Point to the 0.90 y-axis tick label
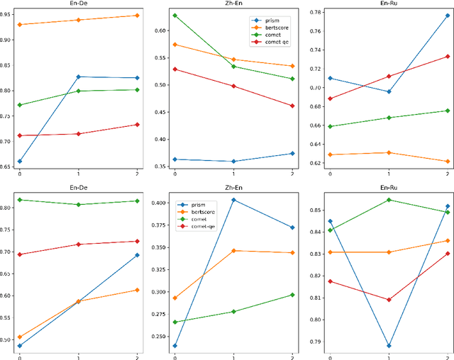6,40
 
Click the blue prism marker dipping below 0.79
388,346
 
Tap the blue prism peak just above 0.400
233,200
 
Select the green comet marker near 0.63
175,15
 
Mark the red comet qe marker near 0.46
292,106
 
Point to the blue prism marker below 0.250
175,346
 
